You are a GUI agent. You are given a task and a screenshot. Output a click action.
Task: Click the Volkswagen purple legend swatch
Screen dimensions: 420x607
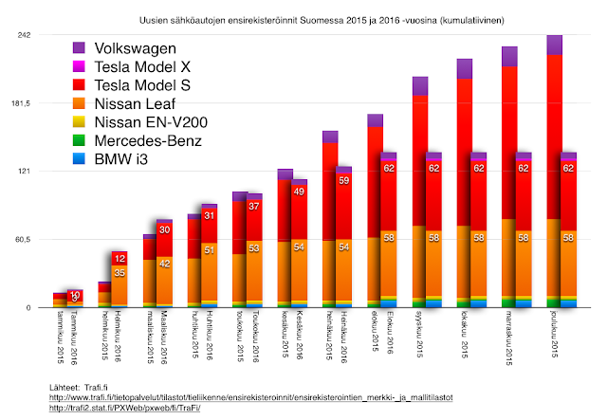pos(79,47)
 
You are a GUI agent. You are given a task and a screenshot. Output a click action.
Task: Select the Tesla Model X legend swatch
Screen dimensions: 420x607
pos(79,66)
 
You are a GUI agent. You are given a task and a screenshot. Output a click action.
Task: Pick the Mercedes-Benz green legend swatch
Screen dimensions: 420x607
pos(79,141)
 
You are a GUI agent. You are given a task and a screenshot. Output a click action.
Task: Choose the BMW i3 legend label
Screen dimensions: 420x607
pos(123,160)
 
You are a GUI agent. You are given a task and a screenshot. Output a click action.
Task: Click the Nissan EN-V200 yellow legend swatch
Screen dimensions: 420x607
pos(79,122)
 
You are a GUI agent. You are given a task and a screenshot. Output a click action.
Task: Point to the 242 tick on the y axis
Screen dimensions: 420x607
pos(26,35)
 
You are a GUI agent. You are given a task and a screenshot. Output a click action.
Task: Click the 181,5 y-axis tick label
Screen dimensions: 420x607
pos(21,103)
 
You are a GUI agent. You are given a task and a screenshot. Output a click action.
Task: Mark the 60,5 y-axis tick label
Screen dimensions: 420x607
pos(23,240)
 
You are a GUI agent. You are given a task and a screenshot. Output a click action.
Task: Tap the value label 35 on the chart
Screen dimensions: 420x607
pos(120,273)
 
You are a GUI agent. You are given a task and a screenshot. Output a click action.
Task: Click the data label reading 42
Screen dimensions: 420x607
pos(164,264)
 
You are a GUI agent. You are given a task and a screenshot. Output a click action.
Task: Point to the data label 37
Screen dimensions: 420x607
pos(253,206)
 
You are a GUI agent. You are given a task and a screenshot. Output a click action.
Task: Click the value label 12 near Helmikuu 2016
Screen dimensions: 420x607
pos(120,258)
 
